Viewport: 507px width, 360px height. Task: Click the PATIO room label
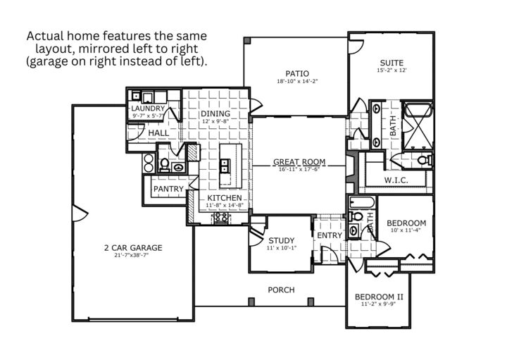click(x=297, y=73)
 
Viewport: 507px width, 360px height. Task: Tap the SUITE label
click(x=392, y=61)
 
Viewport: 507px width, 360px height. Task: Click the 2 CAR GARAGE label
click(x=133, y=247)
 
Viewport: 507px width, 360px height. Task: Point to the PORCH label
click(x=281, y=290)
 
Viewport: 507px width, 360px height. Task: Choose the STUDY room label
click(x=281, y=241)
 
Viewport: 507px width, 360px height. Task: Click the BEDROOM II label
click(x=378, y=297)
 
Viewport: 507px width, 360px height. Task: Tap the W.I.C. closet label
click(x=396, y=180)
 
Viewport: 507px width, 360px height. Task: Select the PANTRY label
click(x=168, y=189)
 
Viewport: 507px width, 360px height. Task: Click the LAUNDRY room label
click(x=148, y=108)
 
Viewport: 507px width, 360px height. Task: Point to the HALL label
click(x=158, y=132)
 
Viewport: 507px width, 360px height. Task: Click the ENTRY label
click(x=329, y=235)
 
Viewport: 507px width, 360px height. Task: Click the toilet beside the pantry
click(x=165, y=165)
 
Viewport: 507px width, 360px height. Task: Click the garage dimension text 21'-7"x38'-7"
click(x=133, y=256)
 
